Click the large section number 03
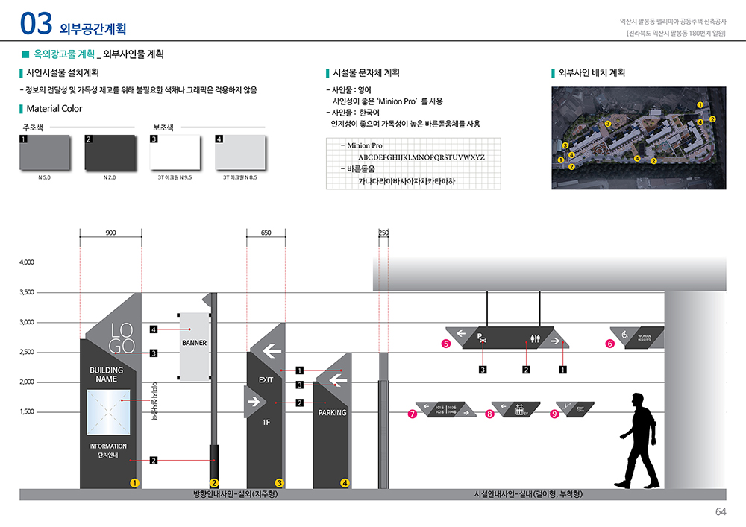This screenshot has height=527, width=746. (37, 24)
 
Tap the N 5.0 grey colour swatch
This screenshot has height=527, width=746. (46, 153)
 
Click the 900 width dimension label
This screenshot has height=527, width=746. (110, 233)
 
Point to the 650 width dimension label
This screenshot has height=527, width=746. (266, 233)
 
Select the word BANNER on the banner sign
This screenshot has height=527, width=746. (194, 343)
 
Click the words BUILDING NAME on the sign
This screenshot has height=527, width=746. (107, 374)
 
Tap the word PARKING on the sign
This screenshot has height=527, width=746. (332, 412)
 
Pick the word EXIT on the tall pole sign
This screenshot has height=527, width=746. (266, 380)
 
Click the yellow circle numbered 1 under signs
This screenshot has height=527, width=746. (134, 483)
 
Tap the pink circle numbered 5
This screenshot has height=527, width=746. (445, 344)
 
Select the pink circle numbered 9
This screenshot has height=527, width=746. (554, 414)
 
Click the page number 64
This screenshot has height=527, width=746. (721, 511)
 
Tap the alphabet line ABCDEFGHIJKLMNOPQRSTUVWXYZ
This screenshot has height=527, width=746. (421, 157)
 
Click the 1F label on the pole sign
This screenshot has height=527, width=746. (266, 423)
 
